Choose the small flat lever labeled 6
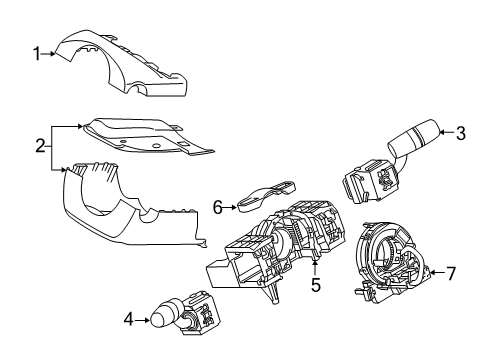coord(264,195)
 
